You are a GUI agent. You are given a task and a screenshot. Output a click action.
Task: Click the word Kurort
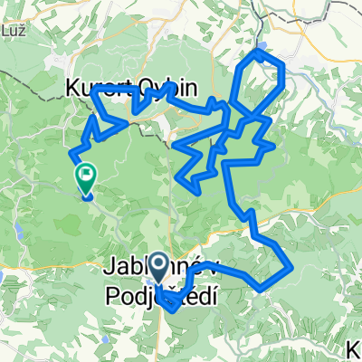(92, 87)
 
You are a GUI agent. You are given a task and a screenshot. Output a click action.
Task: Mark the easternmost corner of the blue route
(291, 267)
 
